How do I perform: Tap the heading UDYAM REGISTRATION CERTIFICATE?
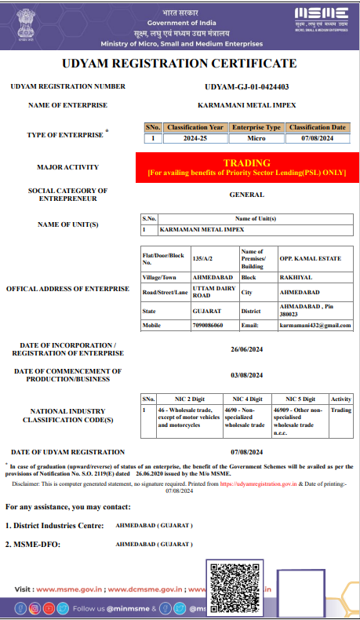(x=180, y=64)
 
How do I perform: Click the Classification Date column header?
(x=317, y=127)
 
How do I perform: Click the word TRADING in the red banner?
(x=246, y=162)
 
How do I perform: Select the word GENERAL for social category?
(x=246, y=194)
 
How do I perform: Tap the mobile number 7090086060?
(x=208, y=325)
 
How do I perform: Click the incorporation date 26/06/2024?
(x=246, y=349)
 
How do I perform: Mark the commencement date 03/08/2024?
(x=246, y=375)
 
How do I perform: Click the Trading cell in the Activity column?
(x=341, y=409)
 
